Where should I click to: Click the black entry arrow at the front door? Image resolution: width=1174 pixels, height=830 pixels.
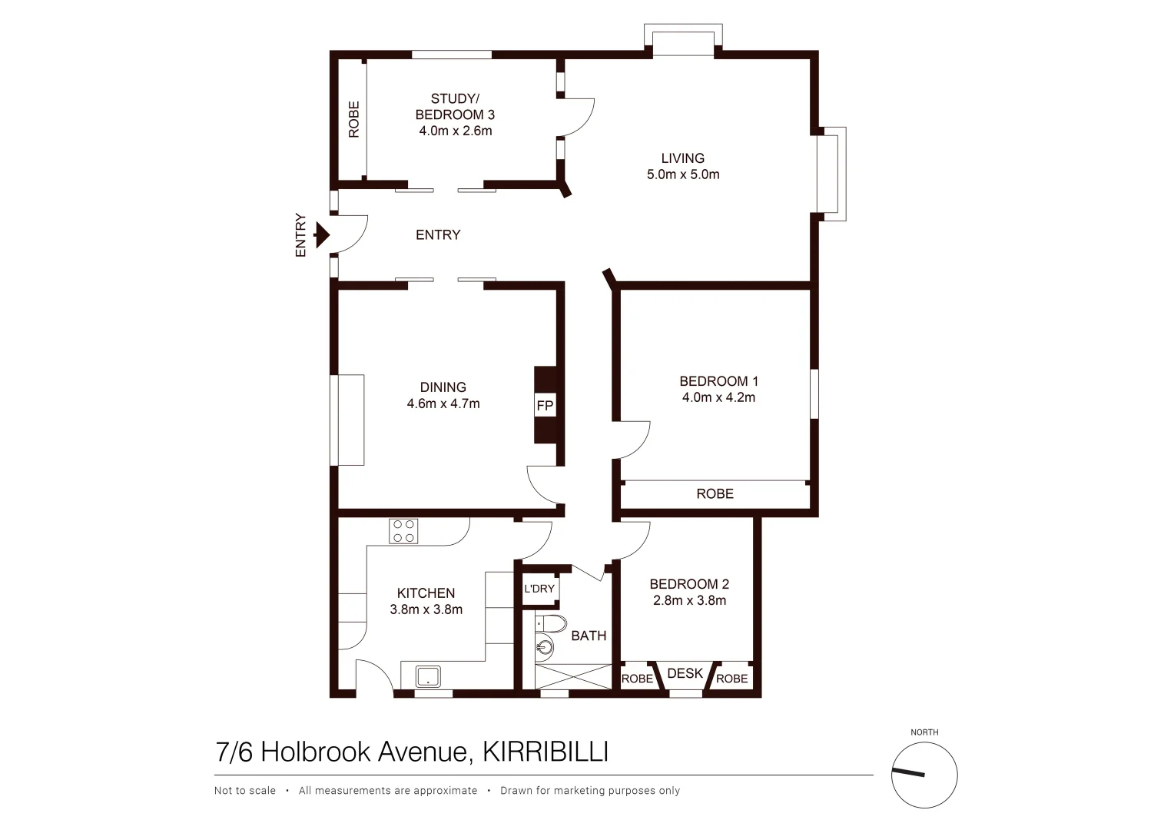(322, 234)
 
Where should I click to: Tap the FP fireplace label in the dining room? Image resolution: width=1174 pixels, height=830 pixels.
(545, 406)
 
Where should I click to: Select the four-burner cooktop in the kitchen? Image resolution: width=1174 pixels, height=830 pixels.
(404, 531)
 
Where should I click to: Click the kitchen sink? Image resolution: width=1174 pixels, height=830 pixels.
(428, 676)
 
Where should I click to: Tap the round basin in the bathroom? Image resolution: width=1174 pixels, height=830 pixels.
(545, 647)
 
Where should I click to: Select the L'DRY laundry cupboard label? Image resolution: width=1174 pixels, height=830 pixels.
(539, 589)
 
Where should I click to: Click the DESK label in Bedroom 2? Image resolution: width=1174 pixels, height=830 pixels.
(685, 673)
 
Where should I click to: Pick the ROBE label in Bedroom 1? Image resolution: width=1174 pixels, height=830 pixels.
(715, 493)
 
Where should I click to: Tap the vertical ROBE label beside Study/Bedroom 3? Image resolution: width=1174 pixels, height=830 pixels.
(353, 119)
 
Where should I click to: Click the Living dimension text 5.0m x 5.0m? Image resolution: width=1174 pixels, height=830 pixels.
(683, 174)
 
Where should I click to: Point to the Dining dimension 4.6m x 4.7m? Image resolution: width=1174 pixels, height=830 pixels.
(443, 403)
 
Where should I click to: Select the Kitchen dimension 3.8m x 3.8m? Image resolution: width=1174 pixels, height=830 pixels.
(426, 609)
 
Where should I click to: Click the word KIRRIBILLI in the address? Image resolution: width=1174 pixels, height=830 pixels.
(545, 752)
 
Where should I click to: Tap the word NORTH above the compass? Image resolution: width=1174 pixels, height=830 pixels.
(924, 732)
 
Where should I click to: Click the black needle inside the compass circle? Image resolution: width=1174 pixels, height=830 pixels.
(909, 772)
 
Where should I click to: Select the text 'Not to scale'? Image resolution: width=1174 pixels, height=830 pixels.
(245, 791)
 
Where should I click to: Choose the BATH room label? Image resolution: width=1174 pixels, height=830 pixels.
(589, 636)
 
